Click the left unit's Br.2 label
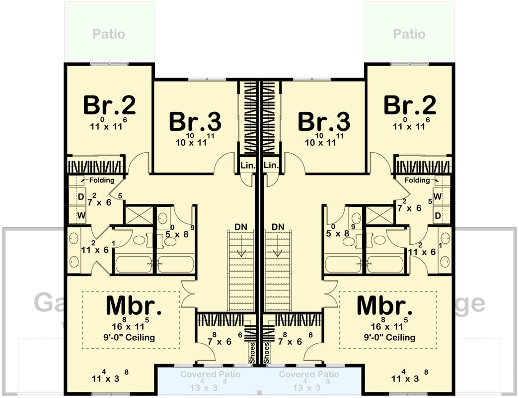coord(109,105)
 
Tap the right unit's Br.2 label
coord(410,105)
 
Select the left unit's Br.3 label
coord(195,121)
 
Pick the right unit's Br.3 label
coord(324,121)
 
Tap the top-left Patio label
coord(109,34)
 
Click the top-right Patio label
coord(409,34)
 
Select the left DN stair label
coord(241,227)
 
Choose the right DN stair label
coord(278,227)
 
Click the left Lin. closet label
coord(247,165)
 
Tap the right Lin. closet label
coord(271,165)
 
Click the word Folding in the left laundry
coord(102,180)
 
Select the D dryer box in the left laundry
coord(81,197)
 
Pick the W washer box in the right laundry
coord(437,197)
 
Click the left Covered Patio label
coord(210,374)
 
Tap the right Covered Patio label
coord(309,374)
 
